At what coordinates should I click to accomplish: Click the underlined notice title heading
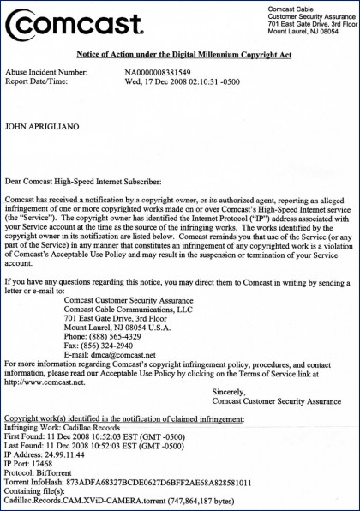click(180, 53)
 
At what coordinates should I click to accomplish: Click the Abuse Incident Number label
click(46, 73)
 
